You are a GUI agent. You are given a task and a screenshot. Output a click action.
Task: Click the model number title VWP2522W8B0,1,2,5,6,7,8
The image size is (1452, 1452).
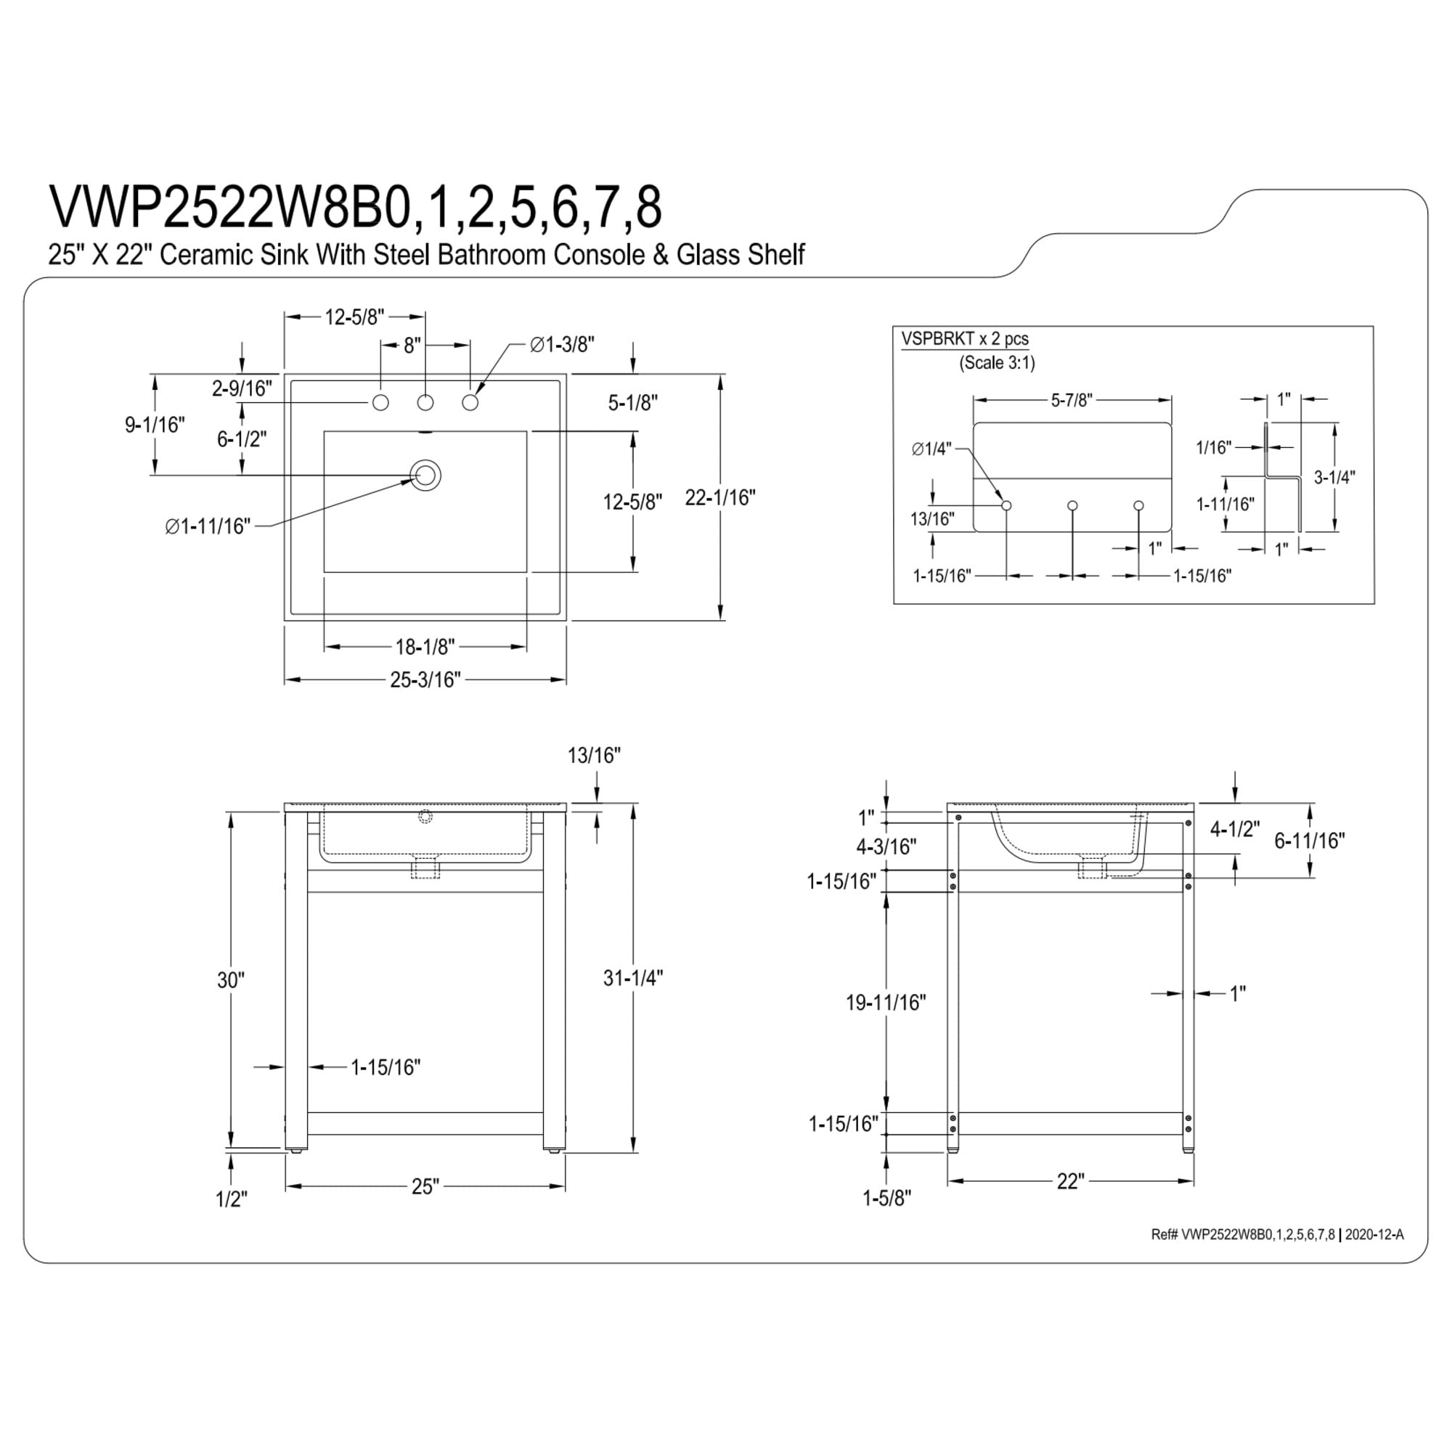click(x=356, y=207)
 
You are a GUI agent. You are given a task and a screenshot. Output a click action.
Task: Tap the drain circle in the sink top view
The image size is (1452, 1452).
click(x=425, y=475)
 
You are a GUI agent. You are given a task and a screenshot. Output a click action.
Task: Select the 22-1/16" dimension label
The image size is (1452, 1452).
click(x=720, y=497)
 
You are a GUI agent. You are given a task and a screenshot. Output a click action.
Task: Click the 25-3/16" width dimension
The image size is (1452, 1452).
click(x=425, y=680)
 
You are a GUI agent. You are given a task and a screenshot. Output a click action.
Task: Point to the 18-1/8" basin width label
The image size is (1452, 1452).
click(x=425, y=646)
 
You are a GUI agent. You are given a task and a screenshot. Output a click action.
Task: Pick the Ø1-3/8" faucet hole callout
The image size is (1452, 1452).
click(x=562, y=344)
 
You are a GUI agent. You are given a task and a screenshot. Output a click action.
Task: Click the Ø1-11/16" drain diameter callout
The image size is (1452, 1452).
click(x=208, y=526)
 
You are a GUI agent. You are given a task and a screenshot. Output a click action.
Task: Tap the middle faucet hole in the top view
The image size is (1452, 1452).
click(x=425, y=403)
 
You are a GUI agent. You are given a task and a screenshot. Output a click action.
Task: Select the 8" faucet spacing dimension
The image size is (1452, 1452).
click(x=412, y=346)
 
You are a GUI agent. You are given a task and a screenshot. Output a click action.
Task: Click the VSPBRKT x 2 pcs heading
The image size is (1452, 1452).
click(x=965, y=339)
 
